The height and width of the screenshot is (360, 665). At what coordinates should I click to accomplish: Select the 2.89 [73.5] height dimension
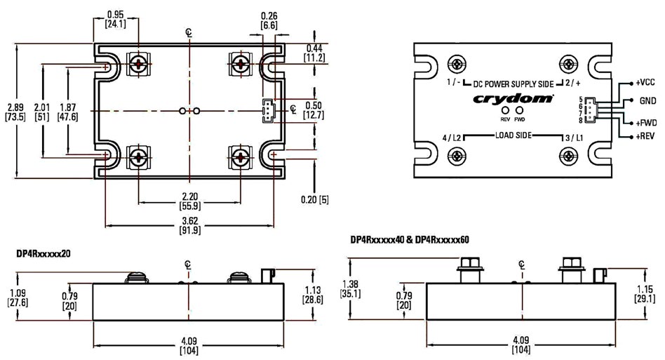click(15, 112)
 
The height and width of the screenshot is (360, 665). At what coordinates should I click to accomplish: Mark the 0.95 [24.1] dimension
click(116, 19)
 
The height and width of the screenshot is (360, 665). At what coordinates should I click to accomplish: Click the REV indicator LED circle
click(504, 110)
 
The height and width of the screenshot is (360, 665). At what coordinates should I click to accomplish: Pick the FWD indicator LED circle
click(520, 110)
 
